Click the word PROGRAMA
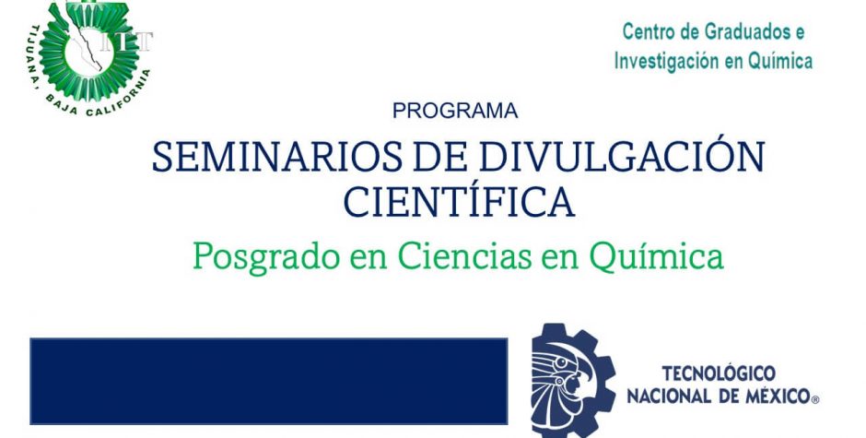coord(455,111)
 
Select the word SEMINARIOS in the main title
coord(276,157)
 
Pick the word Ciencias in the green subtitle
coord(464,255)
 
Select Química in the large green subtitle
coord(657,257)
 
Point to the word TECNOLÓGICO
coord(719,373)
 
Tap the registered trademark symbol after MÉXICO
coord(815,399)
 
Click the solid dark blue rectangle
coord(268,381)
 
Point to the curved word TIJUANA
coord(34,61)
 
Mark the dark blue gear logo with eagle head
coord(573,381)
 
